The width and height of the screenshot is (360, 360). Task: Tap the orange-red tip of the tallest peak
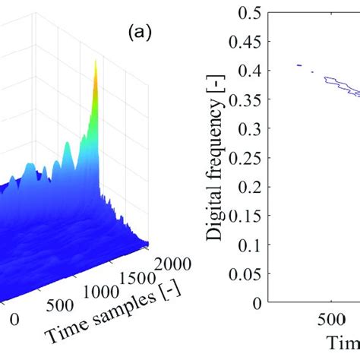click(96, 67)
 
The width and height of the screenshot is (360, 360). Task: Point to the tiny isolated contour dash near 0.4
click(299, 65)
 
